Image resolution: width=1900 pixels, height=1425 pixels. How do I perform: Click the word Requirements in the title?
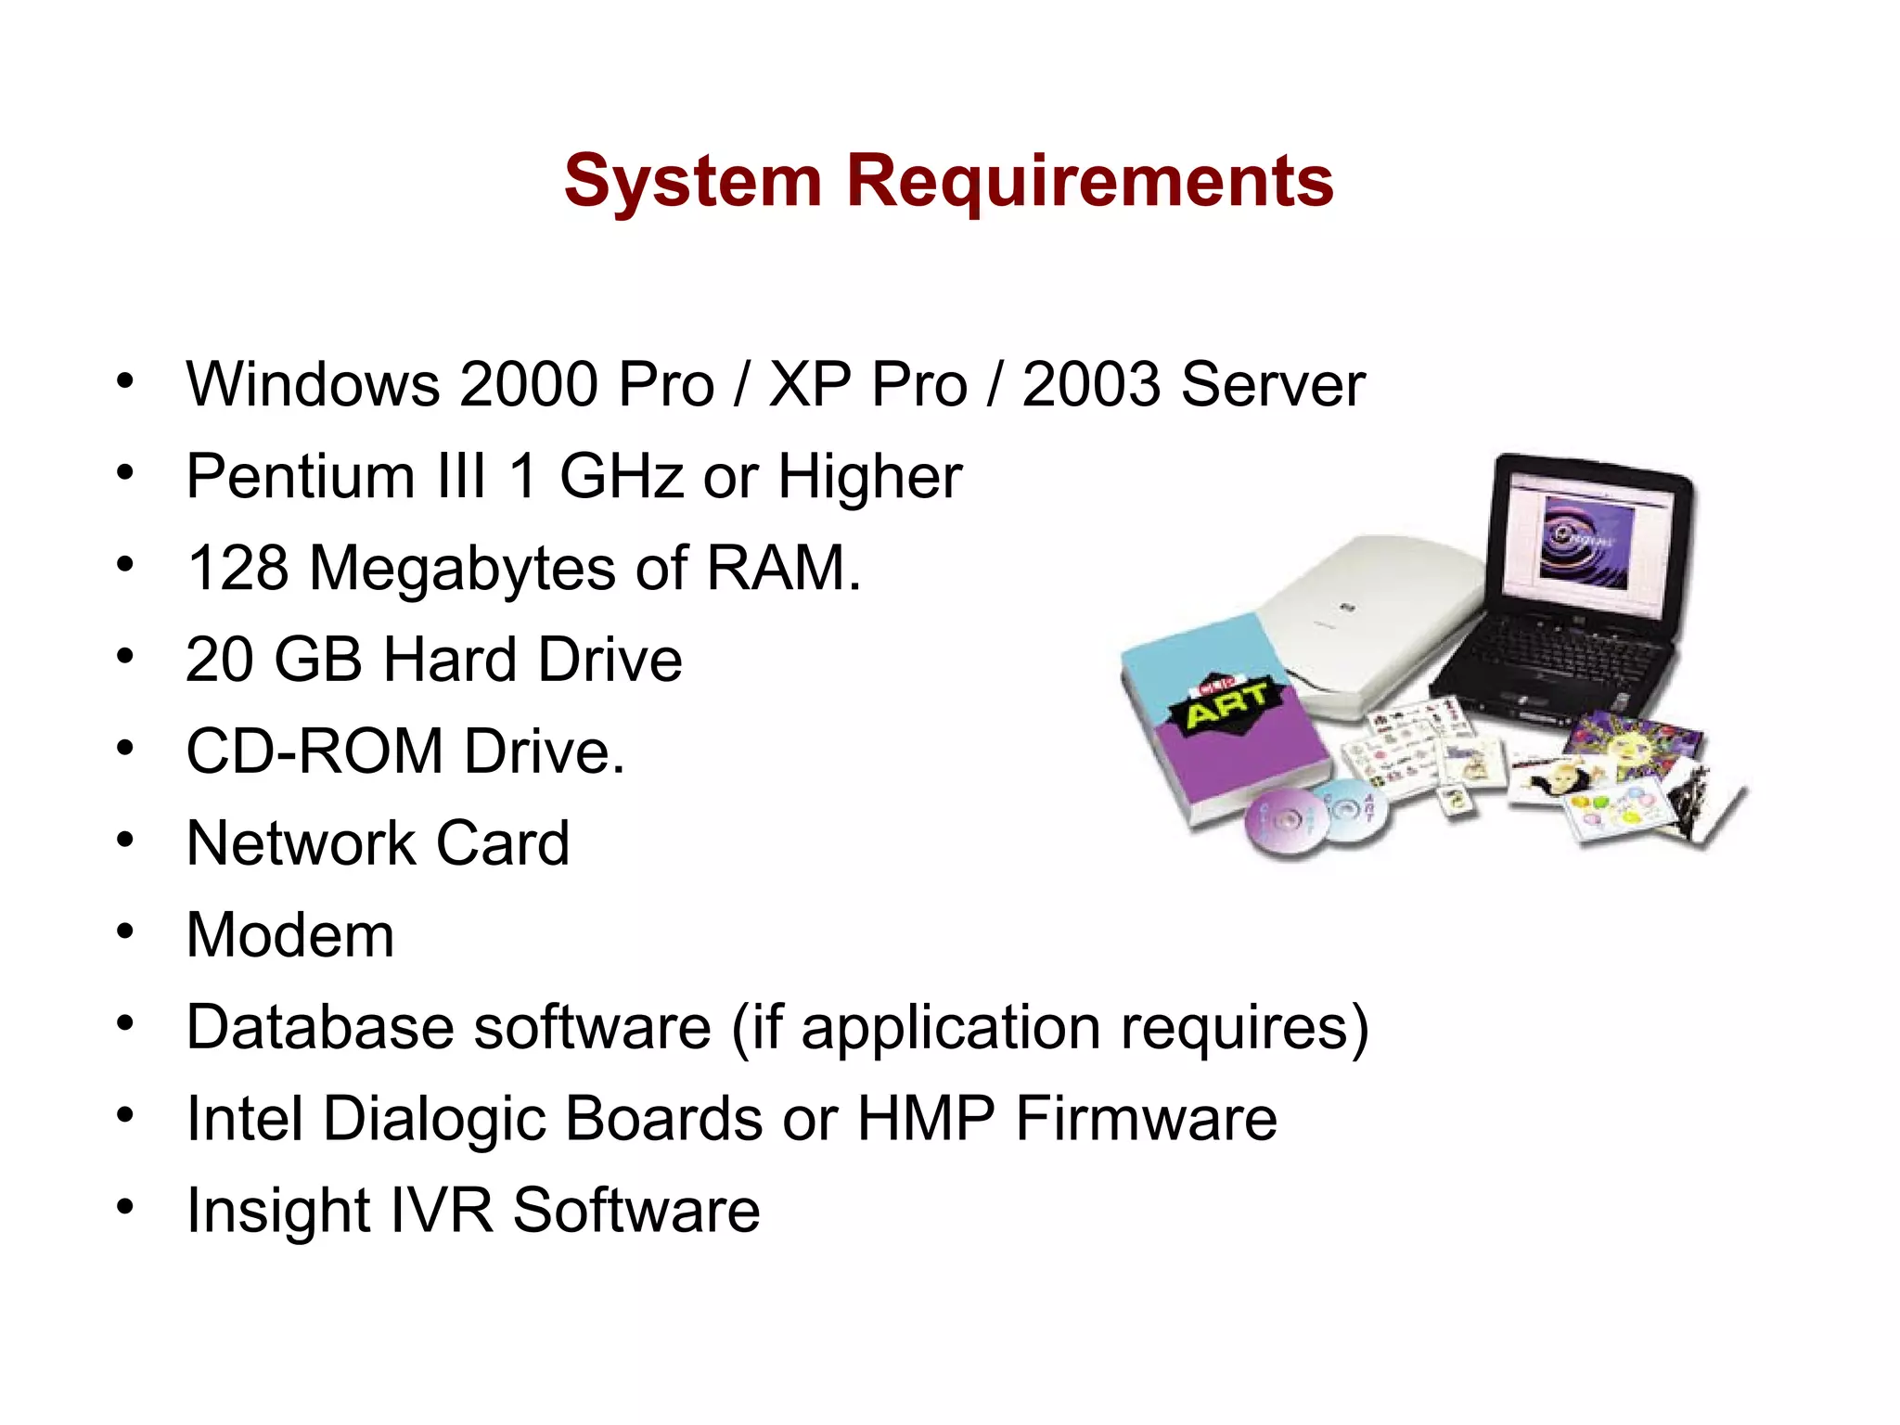click(1089, 181)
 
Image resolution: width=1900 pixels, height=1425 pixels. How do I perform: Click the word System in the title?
click(693, 183)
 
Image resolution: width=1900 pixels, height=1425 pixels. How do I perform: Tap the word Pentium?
click(299, 477)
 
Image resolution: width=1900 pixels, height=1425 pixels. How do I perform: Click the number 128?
click(237, 568)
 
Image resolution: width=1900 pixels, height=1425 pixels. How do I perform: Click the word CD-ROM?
click(315, 751)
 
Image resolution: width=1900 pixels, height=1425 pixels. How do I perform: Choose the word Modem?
click(290, 935)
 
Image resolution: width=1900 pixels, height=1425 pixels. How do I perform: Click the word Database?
click(317, 1027)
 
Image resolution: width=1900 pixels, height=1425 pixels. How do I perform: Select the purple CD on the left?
click(1282, 823)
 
